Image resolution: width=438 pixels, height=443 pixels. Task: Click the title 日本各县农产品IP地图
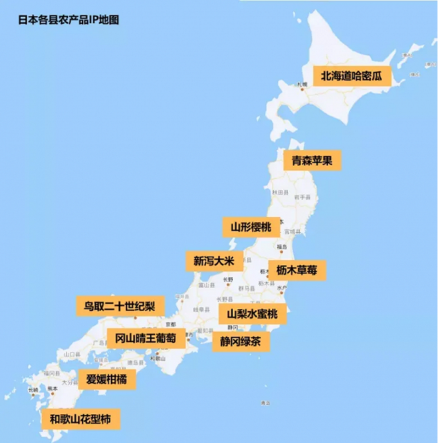69,19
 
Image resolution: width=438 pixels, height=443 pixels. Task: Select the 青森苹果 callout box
312,160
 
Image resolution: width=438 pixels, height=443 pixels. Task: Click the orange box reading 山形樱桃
251,227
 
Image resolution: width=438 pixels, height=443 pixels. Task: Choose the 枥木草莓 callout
297,270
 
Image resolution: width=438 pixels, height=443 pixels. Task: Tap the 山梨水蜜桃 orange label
252,313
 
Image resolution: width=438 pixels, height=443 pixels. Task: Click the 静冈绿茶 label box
240,342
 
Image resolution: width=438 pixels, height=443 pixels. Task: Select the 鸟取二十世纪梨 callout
120,307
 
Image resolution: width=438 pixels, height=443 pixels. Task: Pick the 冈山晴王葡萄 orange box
146,339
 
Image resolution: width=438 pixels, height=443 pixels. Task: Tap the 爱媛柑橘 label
106,379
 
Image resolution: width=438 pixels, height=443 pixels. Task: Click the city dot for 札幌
302,89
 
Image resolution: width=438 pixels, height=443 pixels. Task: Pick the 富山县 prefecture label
206,285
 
